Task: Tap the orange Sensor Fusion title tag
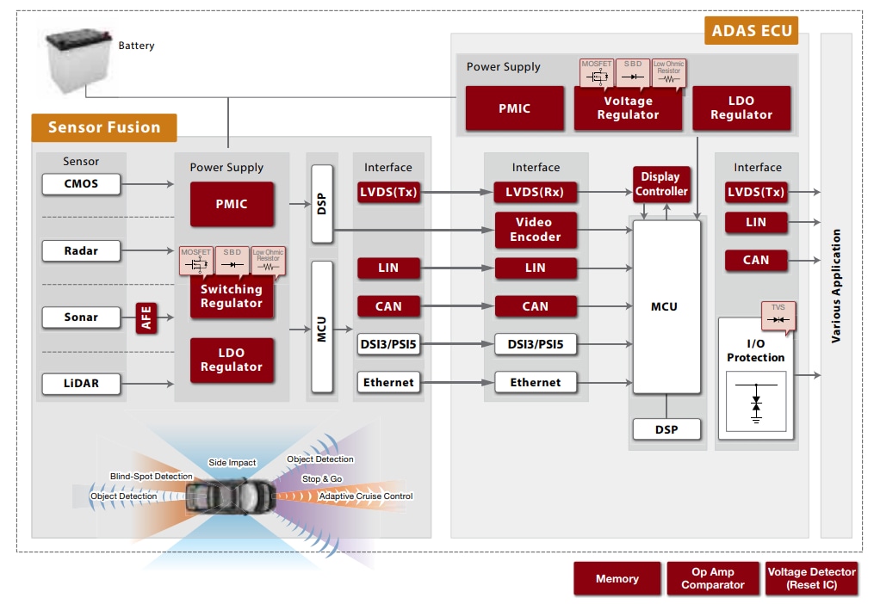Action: pos(104,127)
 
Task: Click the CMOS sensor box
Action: pos(81,183)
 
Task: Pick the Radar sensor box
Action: pos(81,250)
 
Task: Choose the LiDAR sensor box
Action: pos(81,383)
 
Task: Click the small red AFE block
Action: pos(146,317)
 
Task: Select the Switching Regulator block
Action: pos(231,296)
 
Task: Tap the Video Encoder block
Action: pos(535,230)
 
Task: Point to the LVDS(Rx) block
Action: pos(535,192)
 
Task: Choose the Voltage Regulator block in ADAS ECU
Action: pos(628,108)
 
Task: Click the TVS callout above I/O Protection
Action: pos(778,315)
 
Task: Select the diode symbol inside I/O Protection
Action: pos(756,403)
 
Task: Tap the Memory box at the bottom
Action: pos(617,579)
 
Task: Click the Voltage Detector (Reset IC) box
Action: pos(811,578)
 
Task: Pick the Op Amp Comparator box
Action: pos(713,578)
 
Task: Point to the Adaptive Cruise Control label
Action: pos(366,496)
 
